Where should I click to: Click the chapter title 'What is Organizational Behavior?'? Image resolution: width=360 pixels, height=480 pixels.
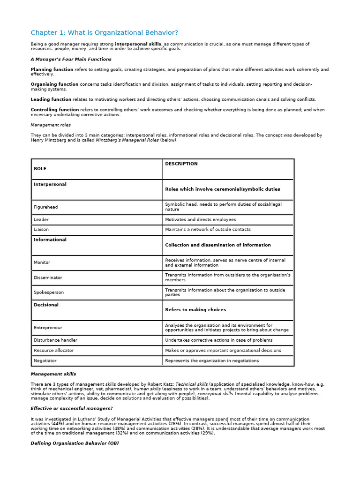(x=104, y=32)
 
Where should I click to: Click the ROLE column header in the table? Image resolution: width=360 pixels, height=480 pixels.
(x=40, y=168)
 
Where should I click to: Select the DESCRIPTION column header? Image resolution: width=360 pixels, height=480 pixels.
(x=181, y=164)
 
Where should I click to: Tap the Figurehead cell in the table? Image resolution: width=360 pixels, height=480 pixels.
(x=46, y=207)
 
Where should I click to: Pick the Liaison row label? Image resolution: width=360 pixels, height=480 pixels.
(x=41, y=230)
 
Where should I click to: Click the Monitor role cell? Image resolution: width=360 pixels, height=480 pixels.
(x=42, y=262)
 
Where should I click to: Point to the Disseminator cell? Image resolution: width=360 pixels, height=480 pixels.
(x=48, y=277)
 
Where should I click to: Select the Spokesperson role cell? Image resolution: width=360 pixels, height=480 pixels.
(x=49, y=292)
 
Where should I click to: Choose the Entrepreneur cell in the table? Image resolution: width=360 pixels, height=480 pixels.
(x=48, y=328)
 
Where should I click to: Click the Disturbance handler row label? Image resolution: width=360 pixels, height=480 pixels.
(x=55, y=340)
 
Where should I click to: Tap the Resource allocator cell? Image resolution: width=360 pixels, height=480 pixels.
(x=53, y=351)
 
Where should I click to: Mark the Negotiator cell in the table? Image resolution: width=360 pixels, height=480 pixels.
(x=45, y=361)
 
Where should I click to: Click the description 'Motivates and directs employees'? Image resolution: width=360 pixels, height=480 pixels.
(x=201, y=219)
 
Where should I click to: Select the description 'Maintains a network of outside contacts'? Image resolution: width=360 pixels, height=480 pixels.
(x=208, y=230)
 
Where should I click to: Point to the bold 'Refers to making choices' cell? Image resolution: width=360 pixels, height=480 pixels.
(x=195, y=310)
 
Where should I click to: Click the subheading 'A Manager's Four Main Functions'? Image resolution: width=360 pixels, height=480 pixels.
(x=71, y=59)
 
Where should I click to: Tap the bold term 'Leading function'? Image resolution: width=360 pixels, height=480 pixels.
(x=51, y=99)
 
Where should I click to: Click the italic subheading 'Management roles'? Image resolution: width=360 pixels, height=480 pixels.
(x=51, y=125)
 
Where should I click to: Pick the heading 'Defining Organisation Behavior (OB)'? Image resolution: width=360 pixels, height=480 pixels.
(x=75, y=443)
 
